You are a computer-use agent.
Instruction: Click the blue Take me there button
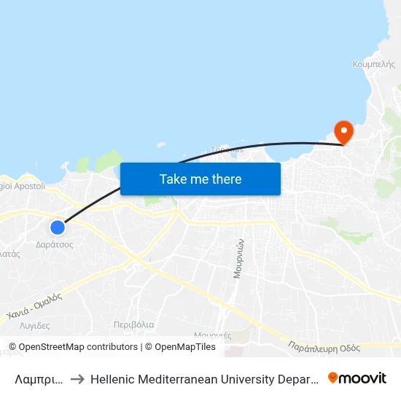click(x=200, y=179)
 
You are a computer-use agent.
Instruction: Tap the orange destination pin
click(x=343, y=132)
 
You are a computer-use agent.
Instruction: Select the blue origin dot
click(x=57, y=227)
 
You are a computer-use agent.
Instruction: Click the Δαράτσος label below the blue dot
click(x=55, y=245)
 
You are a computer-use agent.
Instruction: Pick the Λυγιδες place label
click(x=35, y=326)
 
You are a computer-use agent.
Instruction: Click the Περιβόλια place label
click(x=133, y=324)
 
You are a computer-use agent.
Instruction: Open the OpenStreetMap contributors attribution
click(x=73, y=347)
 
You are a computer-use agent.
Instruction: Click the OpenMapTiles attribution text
click(x=180, y=347)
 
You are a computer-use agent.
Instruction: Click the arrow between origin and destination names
click(x=77, y=378)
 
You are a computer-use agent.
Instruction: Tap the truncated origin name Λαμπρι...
click(x=39, y=378)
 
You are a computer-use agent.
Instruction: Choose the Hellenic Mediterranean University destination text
click(x=204, y=378)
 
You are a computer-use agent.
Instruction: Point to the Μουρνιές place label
click(x=213, y=335)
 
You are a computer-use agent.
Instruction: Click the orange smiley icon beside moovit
click(x=334, y=378)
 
